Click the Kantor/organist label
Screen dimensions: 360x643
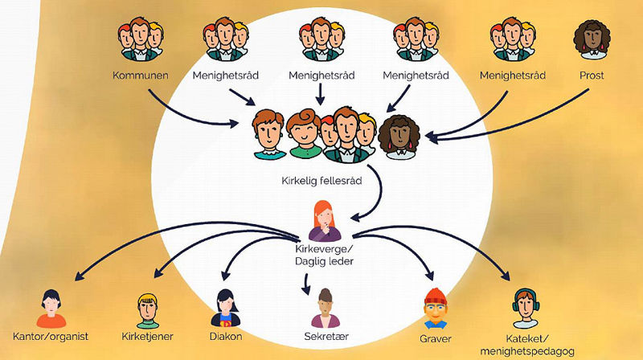coord(51,335)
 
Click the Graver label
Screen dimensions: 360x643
coord(435,335)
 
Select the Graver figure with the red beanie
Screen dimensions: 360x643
coord(435,305)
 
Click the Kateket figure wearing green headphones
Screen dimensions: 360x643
coord(526,305)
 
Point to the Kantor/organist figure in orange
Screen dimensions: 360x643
coord(51,305)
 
